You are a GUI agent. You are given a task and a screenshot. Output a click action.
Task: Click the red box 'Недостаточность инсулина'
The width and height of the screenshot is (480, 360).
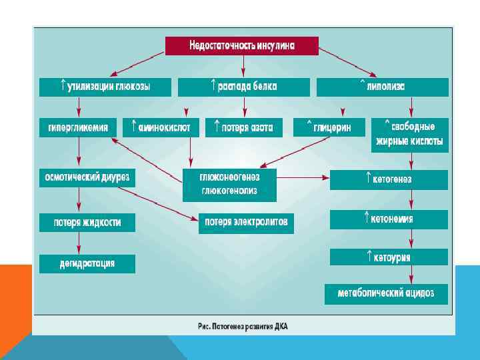pyautogui.click(x=242, y=46)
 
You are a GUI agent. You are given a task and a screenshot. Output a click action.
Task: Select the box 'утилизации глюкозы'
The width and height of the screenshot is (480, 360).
pyautogui.click(x=105, y=87)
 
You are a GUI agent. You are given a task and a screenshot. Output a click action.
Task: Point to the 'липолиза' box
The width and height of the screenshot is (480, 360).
pyautogui.click(x=382, y=87)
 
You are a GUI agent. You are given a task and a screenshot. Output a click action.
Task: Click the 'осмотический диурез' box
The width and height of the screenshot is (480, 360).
pyautogui.click(x=87, y=178)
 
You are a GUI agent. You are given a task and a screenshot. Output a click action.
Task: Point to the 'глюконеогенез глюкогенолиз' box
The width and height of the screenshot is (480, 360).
pyautogui.click(x=229, y=185)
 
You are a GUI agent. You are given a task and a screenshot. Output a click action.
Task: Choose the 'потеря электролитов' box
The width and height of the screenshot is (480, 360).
pyautogui.click(x=246, y=223)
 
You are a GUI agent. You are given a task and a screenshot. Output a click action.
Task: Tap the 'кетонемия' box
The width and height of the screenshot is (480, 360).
pyautogui.click(x=389, y=219)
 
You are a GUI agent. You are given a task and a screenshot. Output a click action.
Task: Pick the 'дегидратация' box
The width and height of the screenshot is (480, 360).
pyautogui.click(x=87, y=263)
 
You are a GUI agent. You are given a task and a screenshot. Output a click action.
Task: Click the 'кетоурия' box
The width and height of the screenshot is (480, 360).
pyautogui.click(x=389, y=257)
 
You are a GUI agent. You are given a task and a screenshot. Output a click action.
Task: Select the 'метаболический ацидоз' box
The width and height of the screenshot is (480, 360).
pyautogui.click(x=386, y=294)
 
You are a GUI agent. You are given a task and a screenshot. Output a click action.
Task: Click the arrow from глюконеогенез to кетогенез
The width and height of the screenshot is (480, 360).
pyautogui.click(x=303, y=178)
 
